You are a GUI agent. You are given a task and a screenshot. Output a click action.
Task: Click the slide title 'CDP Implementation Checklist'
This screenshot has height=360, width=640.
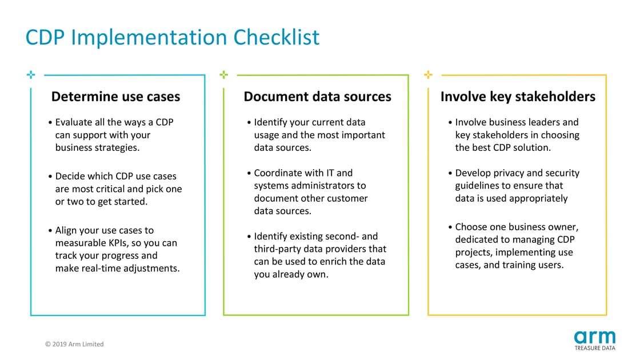173,38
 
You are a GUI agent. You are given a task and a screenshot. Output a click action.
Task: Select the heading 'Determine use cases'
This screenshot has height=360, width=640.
115,97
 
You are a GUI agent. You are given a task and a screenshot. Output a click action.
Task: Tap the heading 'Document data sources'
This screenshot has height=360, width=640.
317,97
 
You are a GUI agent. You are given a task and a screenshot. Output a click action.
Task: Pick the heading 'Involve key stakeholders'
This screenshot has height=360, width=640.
518,97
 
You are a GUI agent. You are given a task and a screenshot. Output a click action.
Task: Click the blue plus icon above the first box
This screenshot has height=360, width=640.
30,74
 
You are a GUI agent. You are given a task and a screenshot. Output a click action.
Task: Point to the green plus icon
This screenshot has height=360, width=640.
224,74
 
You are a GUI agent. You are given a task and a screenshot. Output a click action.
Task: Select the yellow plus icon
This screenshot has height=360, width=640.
428,74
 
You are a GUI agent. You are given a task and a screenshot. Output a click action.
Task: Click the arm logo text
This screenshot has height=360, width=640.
594,337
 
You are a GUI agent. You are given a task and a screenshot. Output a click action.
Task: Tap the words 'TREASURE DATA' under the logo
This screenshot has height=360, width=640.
595,347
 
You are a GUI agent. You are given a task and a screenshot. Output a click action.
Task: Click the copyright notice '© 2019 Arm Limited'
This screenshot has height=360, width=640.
74,344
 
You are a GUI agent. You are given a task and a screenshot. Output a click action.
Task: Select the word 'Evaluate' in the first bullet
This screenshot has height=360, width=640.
76,122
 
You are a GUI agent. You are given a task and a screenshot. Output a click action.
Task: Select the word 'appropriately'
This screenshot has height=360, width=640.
538,198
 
